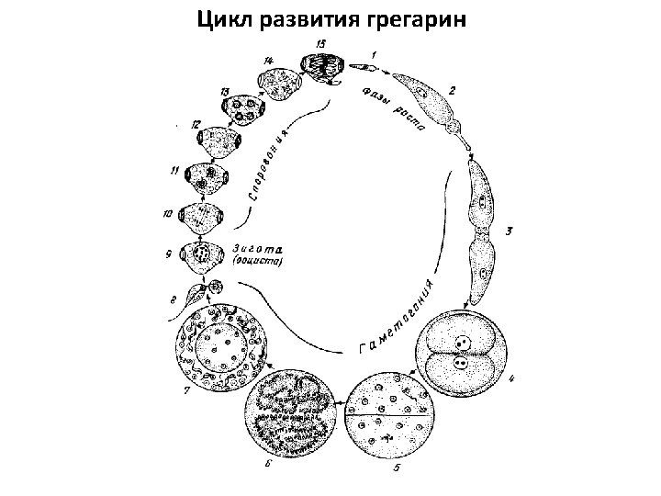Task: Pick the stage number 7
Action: click(x=187, y=392)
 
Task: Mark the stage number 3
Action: click(x=507, y=231)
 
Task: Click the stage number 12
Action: click(x=196, y=124)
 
